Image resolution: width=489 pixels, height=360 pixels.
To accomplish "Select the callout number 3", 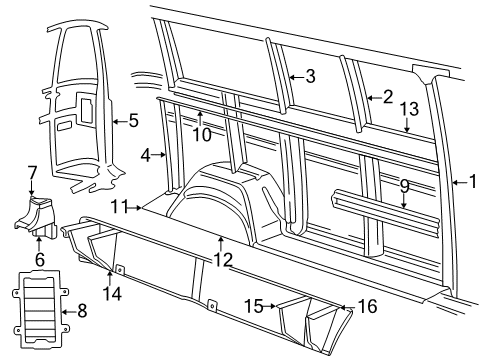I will coord(310,76).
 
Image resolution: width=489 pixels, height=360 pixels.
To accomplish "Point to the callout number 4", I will coord(146,155).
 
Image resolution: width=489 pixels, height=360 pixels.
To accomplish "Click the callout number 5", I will coord(132,121).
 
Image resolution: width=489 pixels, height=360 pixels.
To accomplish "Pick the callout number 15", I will coord(255,303).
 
